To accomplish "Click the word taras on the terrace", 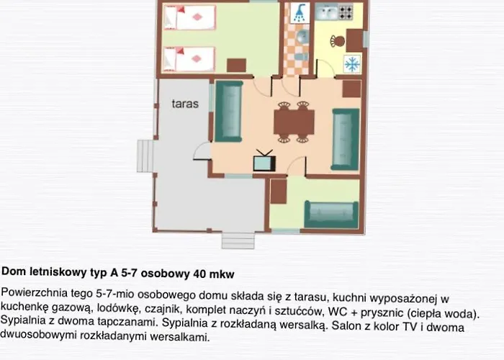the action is point(185,104).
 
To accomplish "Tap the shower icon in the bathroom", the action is point(300,13).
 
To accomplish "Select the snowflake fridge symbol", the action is point(352,63).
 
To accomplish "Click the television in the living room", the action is point(264,161).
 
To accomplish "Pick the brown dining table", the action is point(294,122).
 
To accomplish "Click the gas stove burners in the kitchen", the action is point(346,12).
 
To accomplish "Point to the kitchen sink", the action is point(327,12).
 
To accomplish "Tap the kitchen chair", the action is point(338,41).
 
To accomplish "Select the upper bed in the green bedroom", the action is point(189,17).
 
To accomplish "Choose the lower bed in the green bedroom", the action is point(189,59).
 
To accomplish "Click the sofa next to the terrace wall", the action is point(228,112).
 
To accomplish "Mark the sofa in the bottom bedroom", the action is point(331,215).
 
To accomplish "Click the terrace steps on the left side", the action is point(145,156).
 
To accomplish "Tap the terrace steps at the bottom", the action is point(238,240).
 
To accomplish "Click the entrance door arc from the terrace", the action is point(202,151).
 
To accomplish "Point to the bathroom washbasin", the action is point(302,36).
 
